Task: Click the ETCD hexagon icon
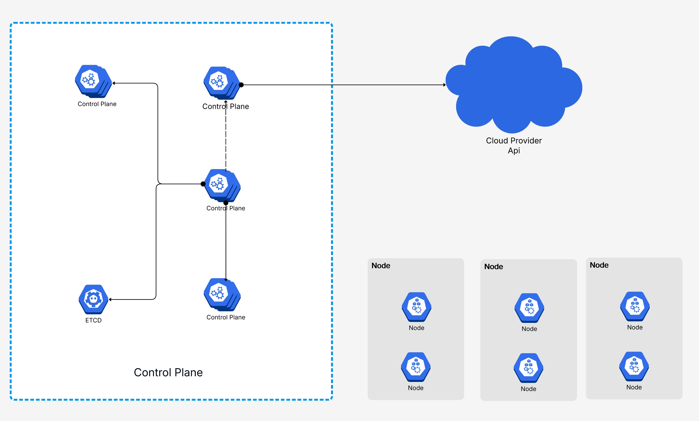click(x=93, y=299)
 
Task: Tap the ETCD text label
click(x=93, y=320)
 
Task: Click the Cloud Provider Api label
click(x=514, y=146)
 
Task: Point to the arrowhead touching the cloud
click(x=445, y=85)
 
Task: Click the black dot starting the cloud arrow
click(x=241, y=85)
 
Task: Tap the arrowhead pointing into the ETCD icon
click(x=110, y=300)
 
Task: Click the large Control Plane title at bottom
click(x=168, y=373)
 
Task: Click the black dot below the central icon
click(x=226, y=203)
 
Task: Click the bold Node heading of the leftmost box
click(x=381, y=265)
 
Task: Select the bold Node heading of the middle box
click(x=493, y=267)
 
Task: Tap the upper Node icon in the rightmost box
click(x=635, y=306)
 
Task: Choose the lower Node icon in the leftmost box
click(x=416, y=367)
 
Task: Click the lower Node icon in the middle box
click(x=528, y=368)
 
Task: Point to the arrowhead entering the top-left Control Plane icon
click(x=114, y=83)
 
